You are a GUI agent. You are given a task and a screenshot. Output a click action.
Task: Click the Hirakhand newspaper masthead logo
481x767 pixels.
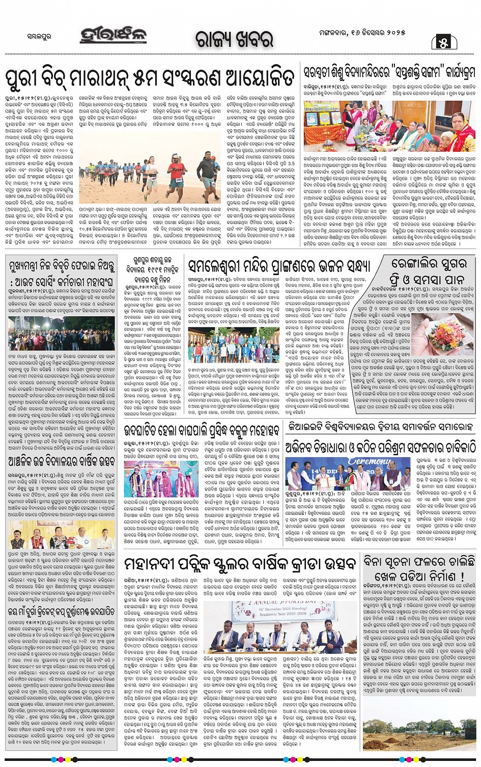click(x=114, y=35)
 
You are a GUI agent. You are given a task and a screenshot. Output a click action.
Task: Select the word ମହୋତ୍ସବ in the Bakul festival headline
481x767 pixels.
click(x=258, y=431)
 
